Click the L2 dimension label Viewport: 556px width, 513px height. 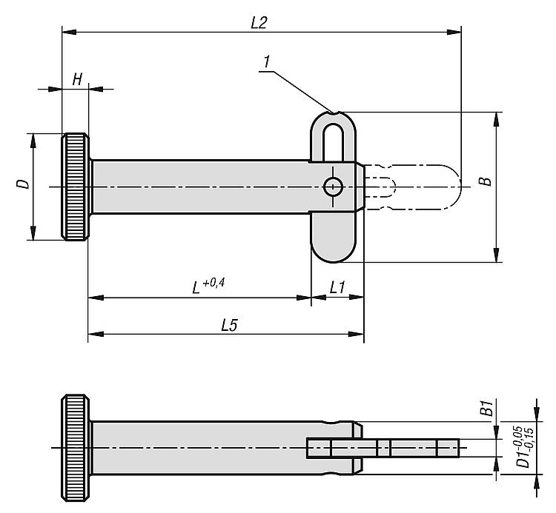pos(259,22)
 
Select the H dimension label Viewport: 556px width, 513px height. pos(76,80)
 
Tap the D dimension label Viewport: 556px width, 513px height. pos(24,183)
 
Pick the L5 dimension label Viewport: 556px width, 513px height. pos(228,324)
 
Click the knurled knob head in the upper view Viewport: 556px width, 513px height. pos(76,187)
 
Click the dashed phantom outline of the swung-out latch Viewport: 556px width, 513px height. pos(423,187)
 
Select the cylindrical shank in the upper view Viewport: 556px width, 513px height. pos(200,187)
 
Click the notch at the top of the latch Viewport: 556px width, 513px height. pos(336,114)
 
